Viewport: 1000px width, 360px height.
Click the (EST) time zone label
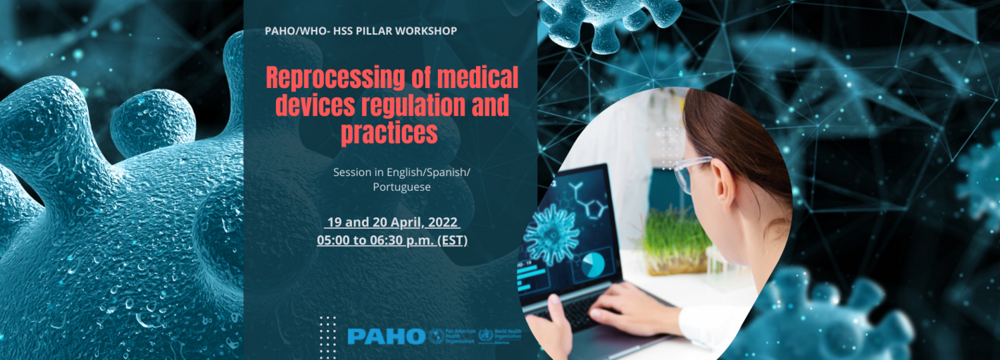point(452,240)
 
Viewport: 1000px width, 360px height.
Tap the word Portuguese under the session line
point(401,187)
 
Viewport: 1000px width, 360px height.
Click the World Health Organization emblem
point(486,336)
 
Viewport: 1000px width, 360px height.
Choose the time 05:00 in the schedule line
point(332,240)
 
